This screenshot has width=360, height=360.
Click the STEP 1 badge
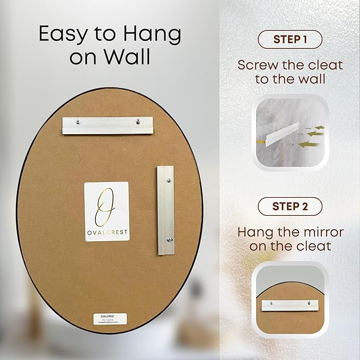tap(290, 39)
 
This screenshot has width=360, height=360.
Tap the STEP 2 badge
tap(290, 206)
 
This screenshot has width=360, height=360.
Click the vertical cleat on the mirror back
tap(165, 210)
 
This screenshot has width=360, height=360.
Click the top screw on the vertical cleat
tap(169, 181)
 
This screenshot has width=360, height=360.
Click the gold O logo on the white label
tap(107, 203)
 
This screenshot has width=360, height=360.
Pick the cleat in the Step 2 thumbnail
tap(290, 305)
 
